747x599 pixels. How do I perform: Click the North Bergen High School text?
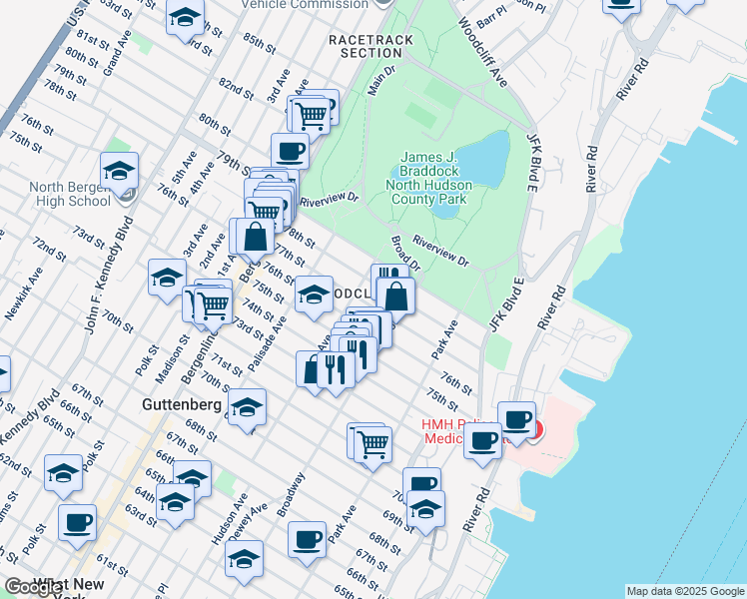(70, 194)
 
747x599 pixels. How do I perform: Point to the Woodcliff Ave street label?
(483, 52)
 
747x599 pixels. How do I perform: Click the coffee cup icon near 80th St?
(290, 151)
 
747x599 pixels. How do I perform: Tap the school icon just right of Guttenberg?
(247, 406)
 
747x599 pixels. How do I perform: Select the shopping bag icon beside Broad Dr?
(395, 297)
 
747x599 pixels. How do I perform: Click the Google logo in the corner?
(34, 587)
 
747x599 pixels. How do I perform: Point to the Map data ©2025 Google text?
(685, 591)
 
